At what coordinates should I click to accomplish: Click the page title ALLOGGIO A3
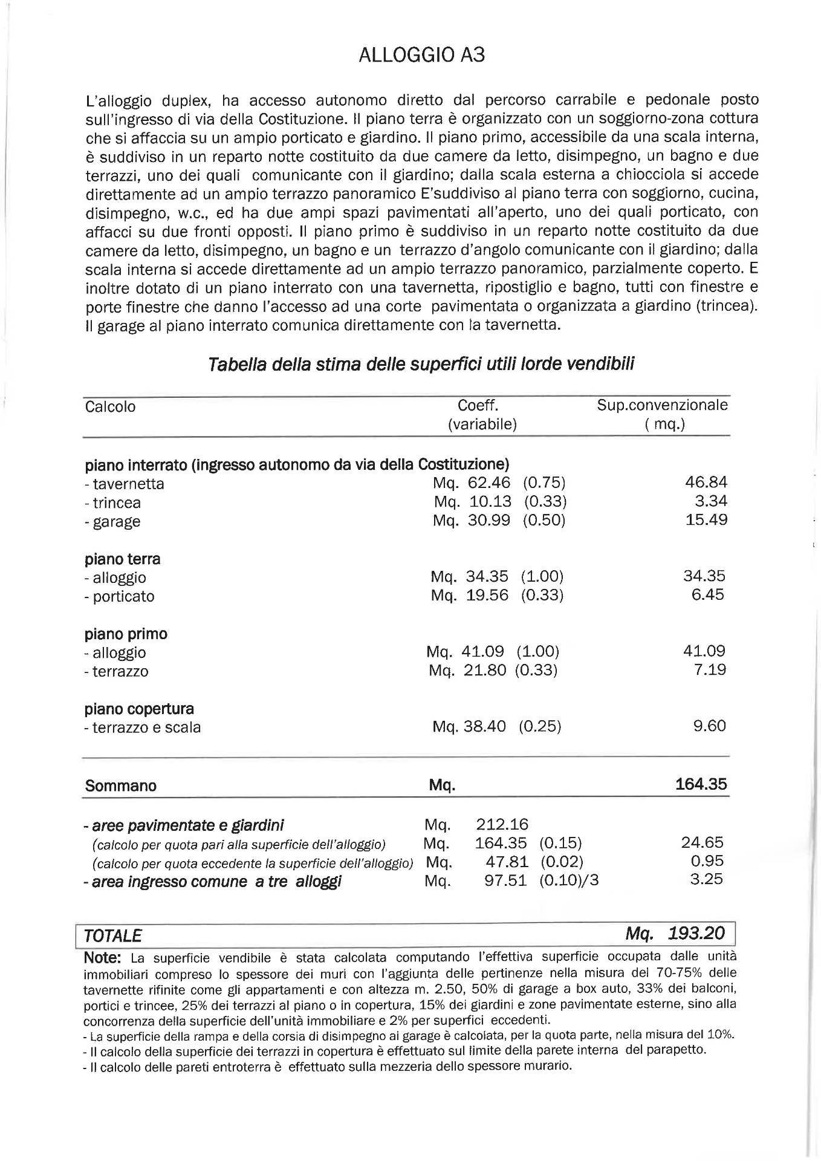click(421, 55)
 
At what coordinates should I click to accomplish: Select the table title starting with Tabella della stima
click(421, 365)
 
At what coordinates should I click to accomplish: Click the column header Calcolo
click(111, 406)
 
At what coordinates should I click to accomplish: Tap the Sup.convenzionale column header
click(663, 405)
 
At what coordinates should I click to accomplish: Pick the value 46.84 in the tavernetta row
click(706, 482)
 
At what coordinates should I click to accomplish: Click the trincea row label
click(112, 502)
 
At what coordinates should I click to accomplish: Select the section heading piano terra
click(122, 558)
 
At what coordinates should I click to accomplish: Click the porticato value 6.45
click(708, 594)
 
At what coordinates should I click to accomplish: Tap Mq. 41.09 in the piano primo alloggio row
click(466, 651)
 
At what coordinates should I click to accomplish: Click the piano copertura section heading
click(139, 708)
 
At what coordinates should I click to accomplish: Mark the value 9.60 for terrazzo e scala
click(709, 726)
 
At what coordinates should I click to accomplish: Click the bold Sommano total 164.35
click(701, 784)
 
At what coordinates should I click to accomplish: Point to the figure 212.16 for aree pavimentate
click(502, 824)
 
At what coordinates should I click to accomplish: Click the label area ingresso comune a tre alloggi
click(212, 881)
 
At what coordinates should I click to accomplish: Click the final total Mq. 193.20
click(675, 934)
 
